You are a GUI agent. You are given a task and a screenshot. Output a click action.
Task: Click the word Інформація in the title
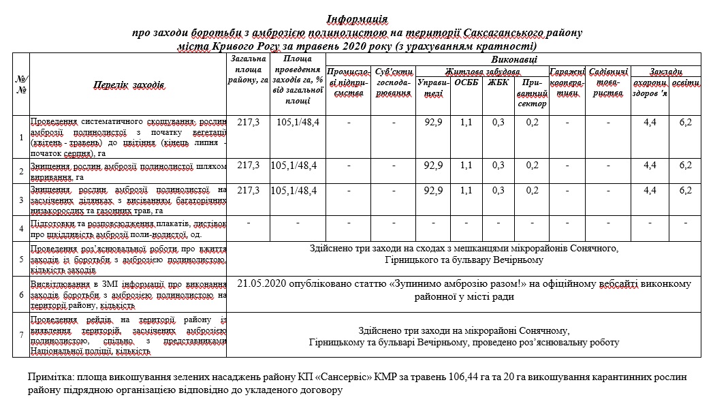357,18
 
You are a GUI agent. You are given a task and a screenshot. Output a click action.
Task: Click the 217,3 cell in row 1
248,123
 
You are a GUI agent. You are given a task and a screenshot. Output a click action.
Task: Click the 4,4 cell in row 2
650,165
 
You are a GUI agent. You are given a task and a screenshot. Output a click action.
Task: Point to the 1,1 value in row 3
466,190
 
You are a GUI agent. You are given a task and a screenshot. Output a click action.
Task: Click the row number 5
21,259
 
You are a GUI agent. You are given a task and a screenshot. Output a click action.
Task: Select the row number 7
21,335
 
